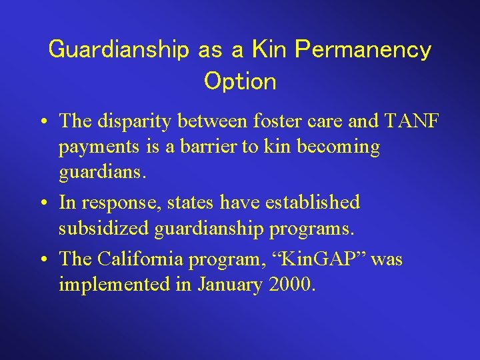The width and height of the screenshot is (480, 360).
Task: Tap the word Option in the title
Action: tap(240, 81)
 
